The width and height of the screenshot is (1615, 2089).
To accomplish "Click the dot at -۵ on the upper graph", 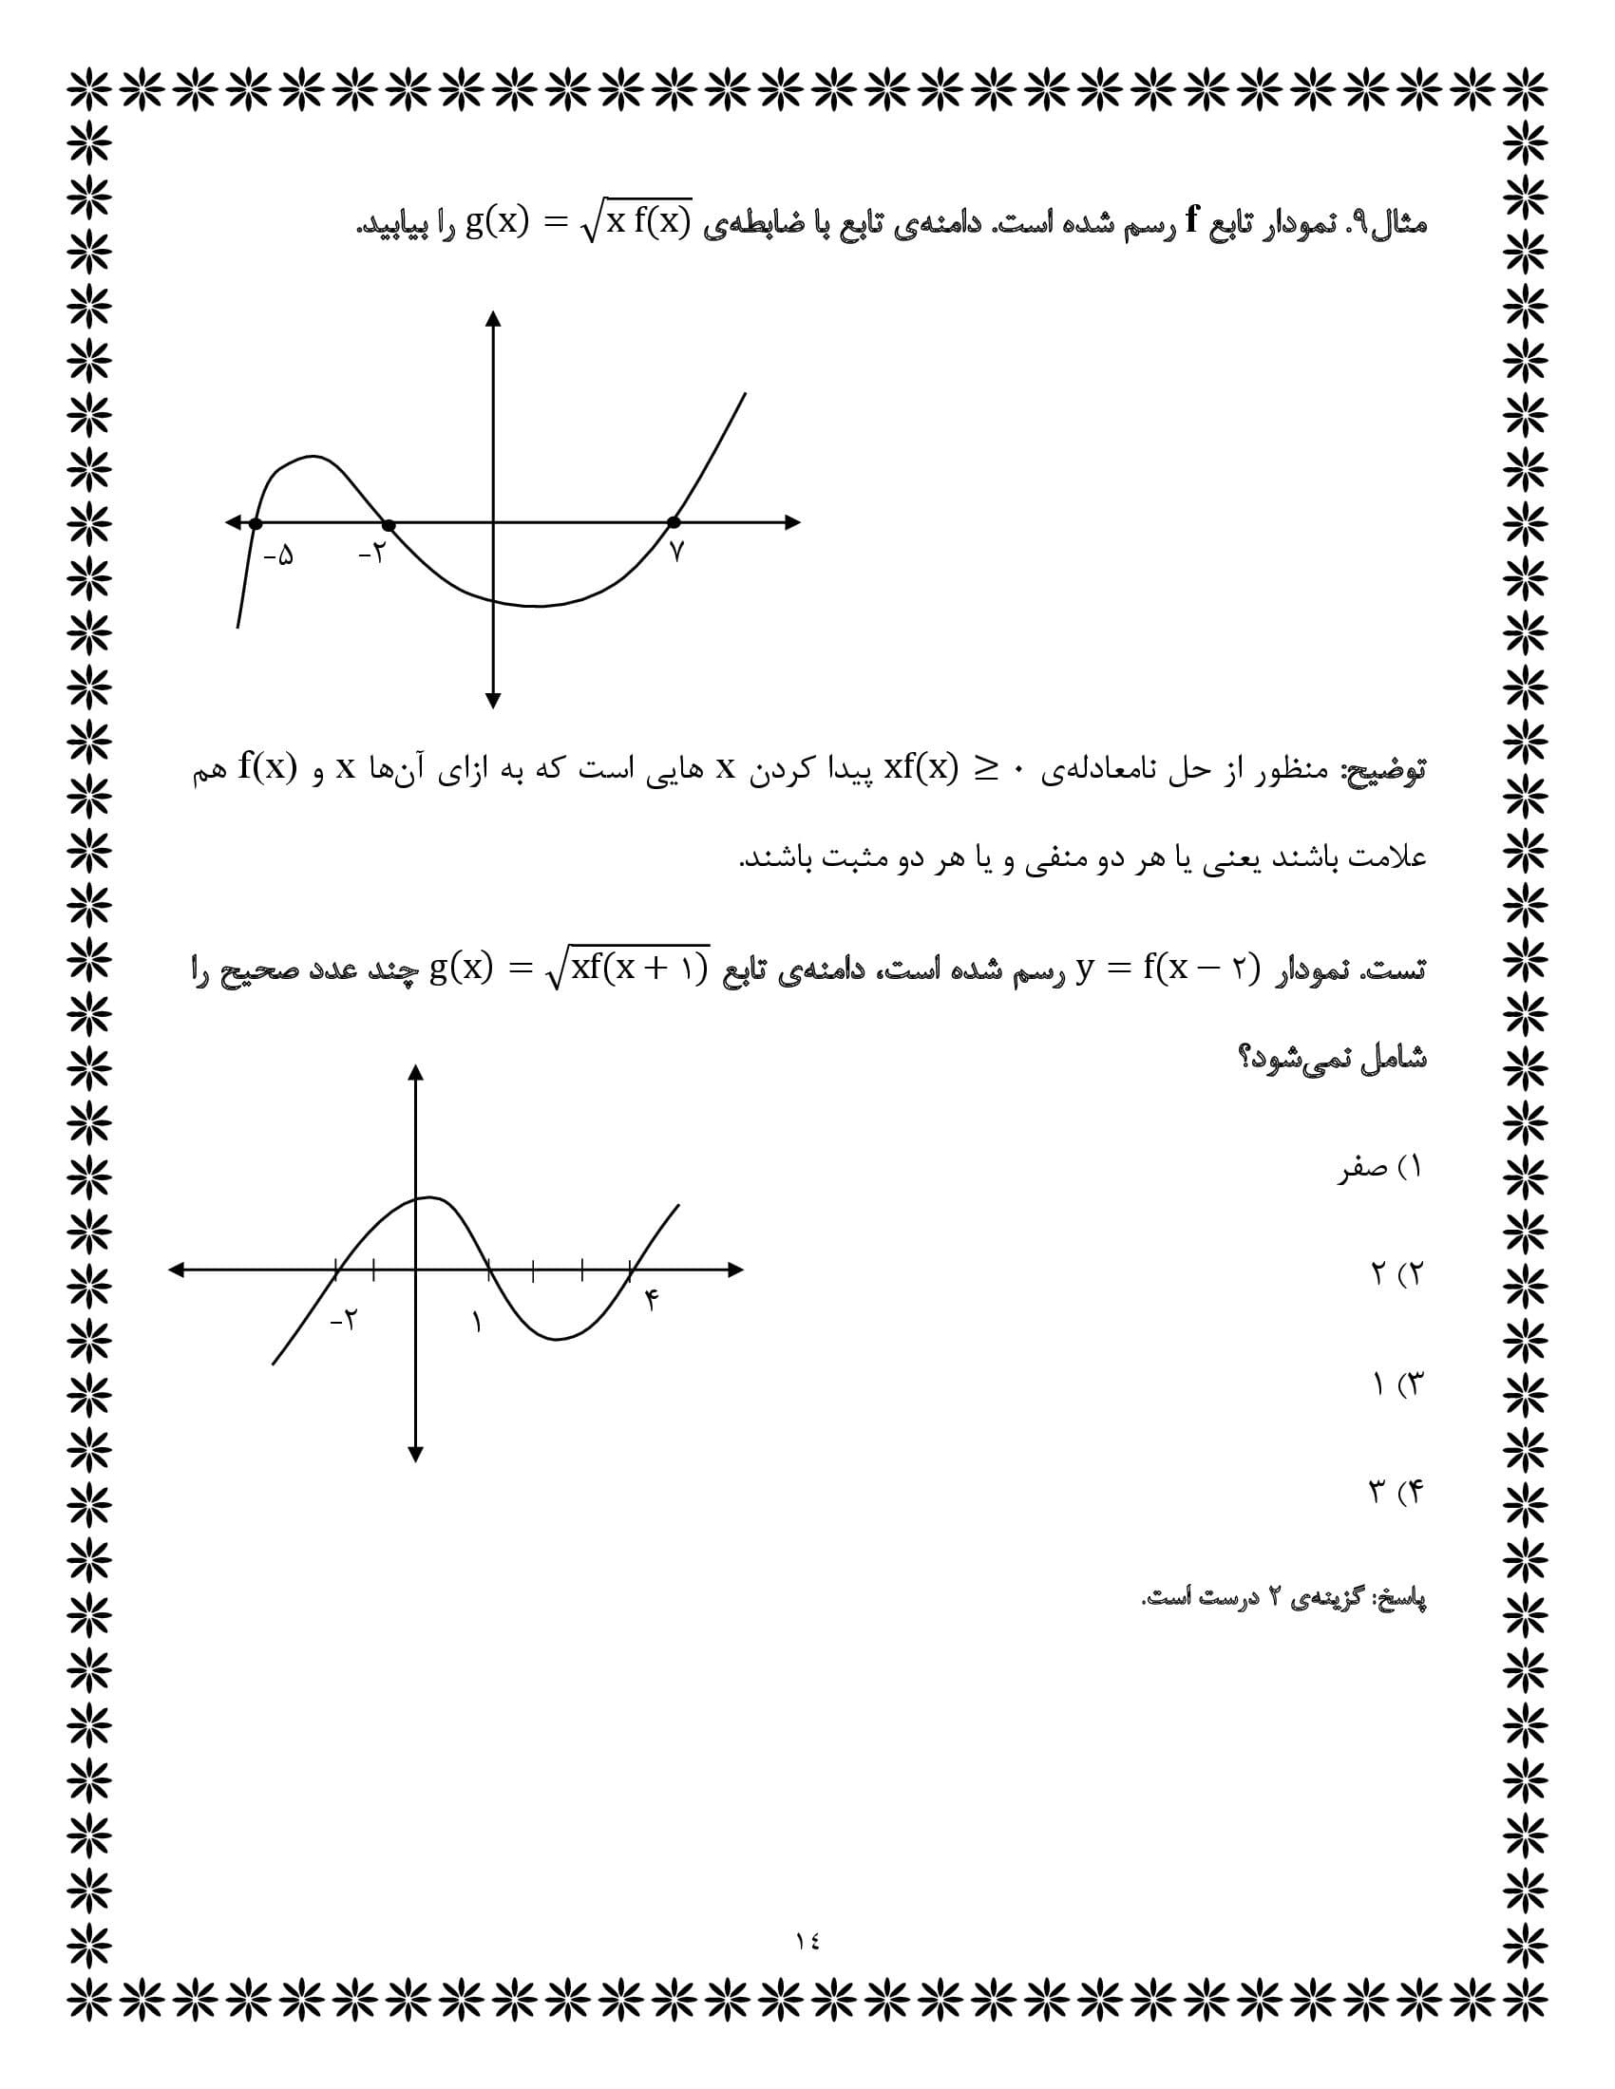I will coord(256,523).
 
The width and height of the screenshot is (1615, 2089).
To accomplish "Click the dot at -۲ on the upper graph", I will coord(388,524).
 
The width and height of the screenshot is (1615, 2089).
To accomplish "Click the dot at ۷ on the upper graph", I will coord(674,522).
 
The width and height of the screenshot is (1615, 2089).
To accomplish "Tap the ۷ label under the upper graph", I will coord(676,553).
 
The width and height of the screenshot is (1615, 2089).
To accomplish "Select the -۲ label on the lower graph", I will coord(343,1321).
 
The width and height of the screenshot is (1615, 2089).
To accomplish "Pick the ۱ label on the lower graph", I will coord(477,1323).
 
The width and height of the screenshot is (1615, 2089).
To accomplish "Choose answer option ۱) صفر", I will coord(1379,1168).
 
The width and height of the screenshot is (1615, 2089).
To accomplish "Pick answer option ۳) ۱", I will coord(1397,1384).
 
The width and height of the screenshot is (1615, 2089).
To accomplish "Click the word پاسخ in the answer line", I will coord(1401,1599).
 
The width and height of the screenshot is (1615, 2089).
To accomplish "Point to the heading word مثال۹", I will coord(1386,224).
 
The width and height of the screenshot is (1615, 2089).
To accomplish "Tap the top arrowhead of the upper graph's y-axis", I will coord(493,318).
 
